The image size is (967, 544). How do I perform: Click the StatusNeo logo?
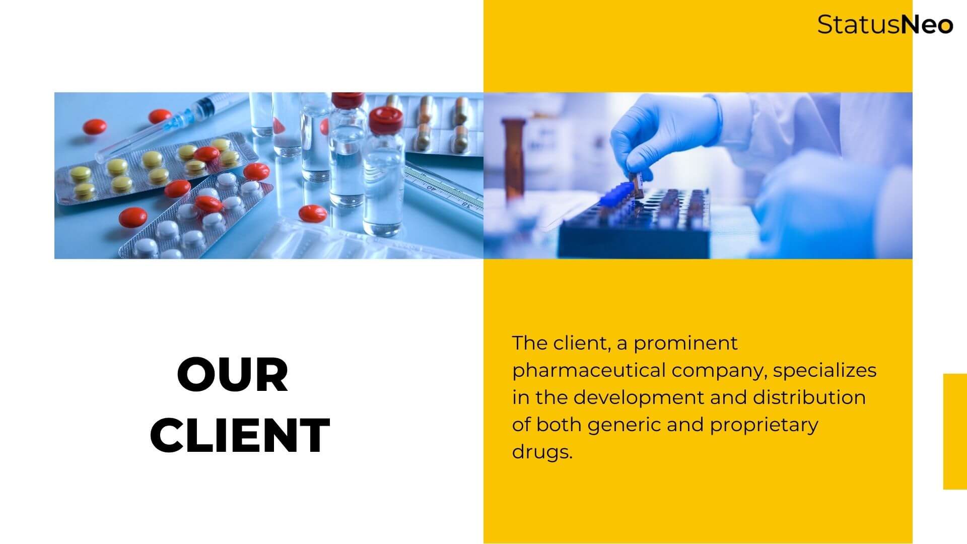pos(885,24)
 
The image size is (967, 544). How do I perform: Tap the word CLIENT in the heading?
pos(240,435)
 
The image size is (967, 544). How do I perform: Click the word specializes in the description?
pos(824,371)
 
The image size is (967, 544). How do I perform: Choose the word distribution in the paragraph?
pos(809,397)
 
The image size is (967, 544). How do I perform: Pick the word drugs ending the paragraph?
pos(542,452)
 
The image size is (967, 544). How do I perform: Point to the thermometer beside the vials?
pos(443,189)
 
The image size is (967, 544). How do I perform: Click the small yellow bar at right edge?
pos(955,431)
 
